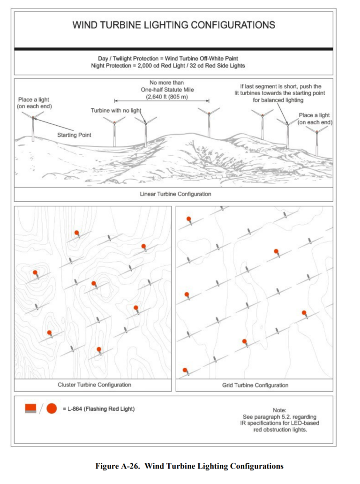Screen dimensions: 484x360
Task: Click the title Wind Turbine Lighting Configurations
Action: tap(173, 25)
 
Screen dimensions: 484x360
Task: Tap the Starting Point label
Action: tap(74, 135)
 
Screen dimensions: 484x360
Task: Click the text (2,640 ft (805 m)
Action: tap(163, 96)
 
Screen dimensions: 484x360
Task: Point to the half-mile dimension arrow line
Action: tap(162, 100)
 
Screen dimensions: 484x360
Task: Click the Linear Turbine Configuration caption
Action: tap(175, 194)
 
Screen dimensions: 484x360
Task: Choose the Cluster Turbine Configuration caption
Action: tap(94, 385)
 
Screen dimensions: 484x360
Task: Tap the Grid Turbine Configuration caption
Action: tap(255, 385)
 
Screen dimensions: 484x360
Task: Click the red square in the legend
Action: tap(31, 408)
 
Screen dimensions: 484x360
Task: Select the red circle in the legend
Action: tap(52, 408)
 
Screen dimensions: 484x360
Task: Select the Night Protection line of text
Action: tap(168, 66)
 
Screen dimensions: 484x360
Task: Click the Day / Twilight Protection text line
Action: tap(168, 58)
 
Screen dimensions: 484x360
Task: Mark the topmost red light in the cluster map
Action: tap(76, 233)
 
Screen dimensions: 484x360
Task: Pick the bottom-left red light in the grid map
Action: tap(185, 370)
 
